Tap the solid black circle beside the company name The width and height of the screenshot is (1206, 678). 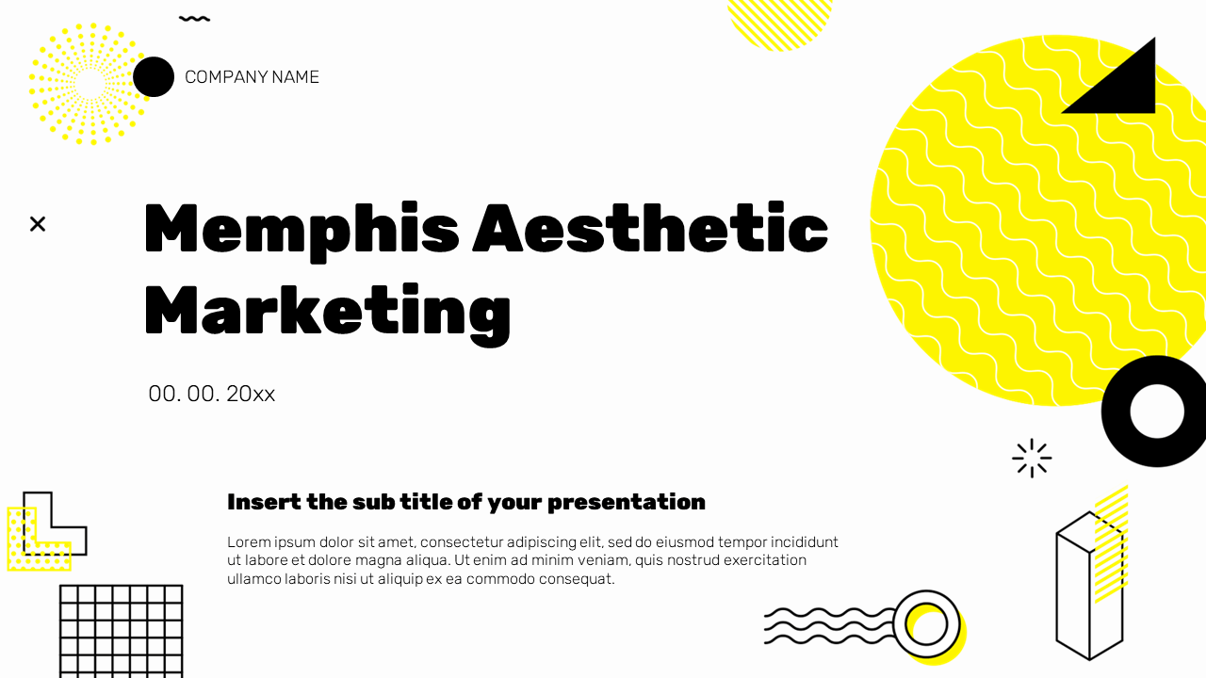(154, 77)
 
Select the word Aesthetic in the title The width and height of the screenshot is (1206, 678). (650, 229)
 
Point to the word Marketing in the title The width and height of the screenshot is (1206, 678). (327, 311)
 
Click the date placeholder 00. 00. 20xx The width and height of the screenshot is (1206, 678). (211, 394)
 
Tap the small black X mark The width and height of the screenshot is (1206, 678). (38, 224)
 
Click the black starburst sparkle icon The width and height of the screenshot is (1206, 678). (1032, 459)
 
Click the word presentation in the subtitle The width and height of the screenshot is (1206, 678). (626, 502)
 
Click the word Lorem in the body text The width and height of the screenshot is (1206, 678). (247, 542)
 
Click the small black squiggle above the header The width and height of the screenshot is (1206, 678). (194, 18)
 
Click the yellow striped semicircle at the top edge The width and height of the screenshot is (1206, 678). (780, 21)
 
